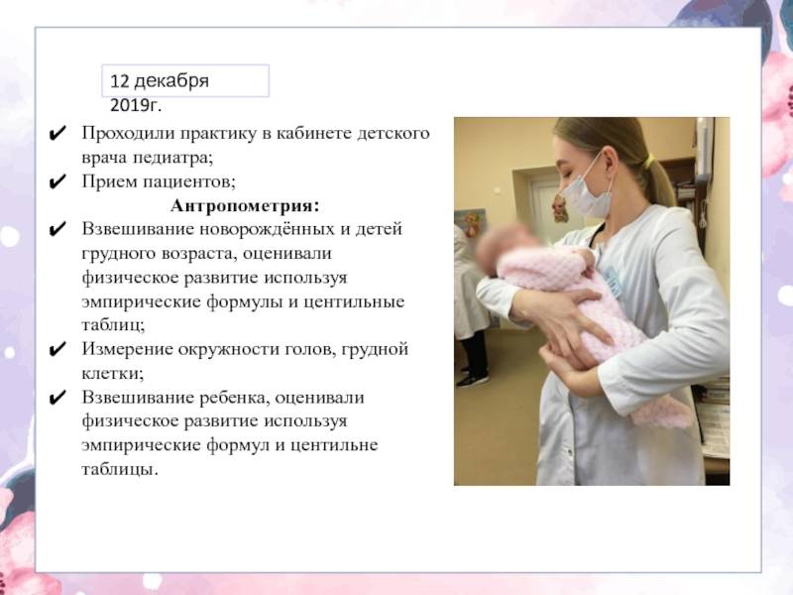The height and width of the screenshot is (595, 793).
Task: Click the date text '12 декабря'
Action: tap(160, 81)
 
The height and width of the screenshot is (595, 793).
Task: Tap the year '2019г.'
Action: tap(136, 105)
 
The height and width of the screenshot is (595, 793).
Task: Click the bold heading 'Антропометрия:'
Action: tap(245, 206)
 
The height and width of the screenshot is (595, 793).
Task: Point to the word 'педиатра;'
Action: tap(172, 158)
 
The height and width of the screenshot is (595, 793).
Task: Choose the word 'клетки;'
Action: tap(112, 374)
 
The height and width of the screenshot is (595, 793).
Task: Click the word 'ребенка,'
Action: tap(232, 398)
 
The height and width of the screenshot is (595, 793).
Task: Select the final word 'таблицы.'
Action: tap(120, 469)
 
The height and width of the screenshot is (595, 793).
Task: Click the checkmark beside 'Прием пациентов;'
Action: tap(57, 181)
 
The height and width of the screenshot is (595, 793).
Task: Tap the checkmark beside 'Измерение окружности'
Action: tap(57, 349)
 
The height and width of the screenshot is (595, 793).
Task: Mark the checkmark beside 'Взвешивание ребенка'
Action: tap(57, 398)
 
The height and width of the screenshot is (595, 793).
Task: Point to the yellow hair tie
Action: tap(649, 161)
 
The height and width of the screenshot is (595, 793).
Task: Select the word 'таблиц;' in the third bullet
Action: tap(113, 325)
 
